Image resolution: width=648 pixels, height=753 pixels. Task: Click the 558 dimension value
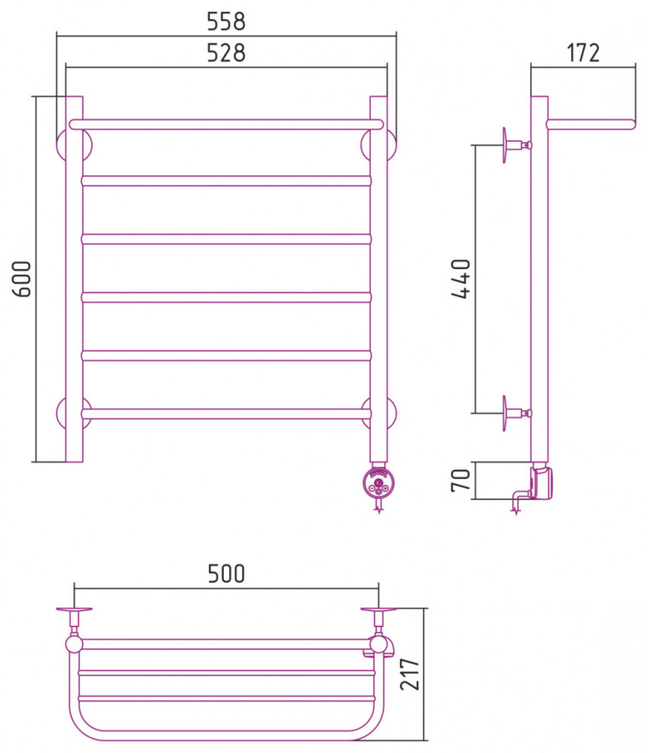(x=226, y=22)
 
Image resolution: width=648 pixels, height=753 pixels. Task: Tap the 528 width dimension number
(x=226, y=53)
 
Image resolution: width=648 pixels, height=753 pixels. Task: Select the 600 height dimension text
(x=22, y=279)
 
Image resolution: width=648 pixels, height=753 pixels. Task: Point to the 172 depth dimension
(x=583, y=53)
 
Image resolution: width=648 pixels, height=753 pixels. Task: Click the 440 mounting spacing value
(x=461, y=278)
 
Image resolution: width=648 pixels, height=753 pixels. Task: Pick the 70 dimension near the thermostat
(x=461, y=480)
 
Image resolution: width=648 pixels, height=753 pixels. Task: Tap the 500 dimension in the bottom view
(x=226, y=573)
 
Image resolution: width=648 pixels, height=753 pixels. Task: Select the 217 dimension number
(x=410, y=674)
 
